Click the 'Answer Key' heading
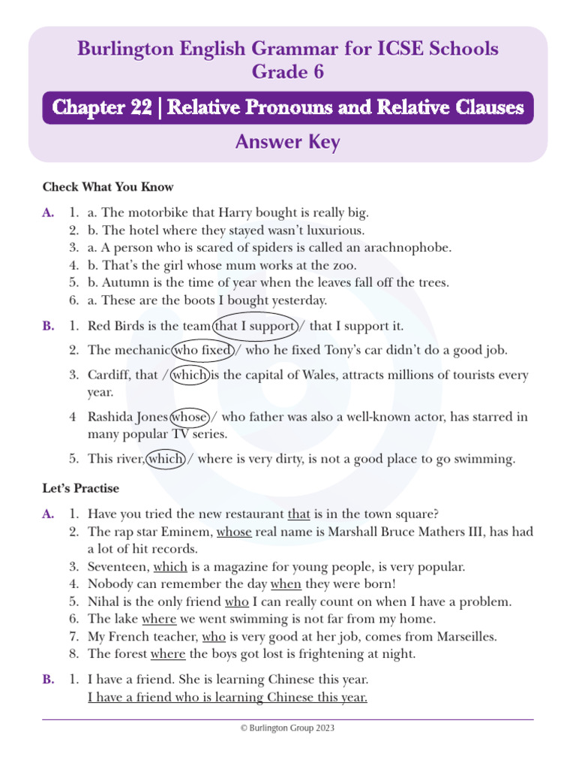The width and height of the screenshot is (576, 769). coord(287,142)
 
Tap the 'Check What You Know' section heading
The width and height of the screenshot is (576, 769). coord(108,187)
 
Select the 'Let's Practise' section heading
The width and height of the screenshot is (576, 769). coord(81,488)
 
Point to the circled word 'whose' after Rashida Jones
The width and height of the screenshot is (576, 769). coord(189,417)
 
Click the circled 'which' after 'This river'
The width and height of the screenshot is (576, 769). coord(166,459)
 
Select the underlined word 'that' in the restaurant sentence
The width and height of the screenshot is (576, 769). coord(298,514)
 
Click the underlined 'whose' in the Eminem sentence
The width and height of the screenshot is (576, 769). coord(235,532)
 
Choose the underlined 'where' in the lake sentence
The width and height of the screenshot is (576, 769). coord(158,618)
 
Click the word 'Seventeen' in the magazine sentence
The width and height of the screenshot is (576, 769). coord(117,567)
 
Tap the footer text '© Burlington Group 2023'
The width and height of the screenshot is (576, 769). coord(287,728)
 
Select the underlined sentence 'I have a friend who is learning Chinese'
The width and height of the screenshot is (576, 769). coord(227,698)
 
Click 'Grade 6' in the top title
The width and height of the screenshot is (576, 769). coord(287,72)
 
